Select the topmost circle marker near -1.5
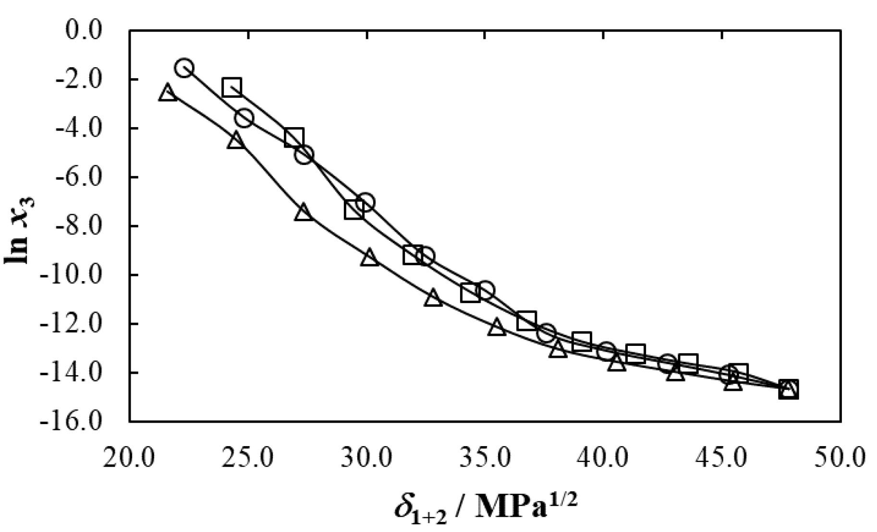point(184,68)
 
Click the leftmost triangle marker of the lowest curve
point(167,92)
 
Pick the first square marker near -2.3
point(232,87)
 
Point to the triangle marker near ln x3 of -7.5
point(303,213)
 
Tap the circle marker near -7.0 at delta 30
point(365,202)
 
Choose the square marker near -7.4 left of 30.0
point(353,210)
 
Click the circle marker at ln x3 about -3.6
point(244,118)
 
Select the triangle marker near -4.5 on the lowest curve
point(236,141)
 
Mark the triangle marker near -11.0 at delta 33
point(433,298)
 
